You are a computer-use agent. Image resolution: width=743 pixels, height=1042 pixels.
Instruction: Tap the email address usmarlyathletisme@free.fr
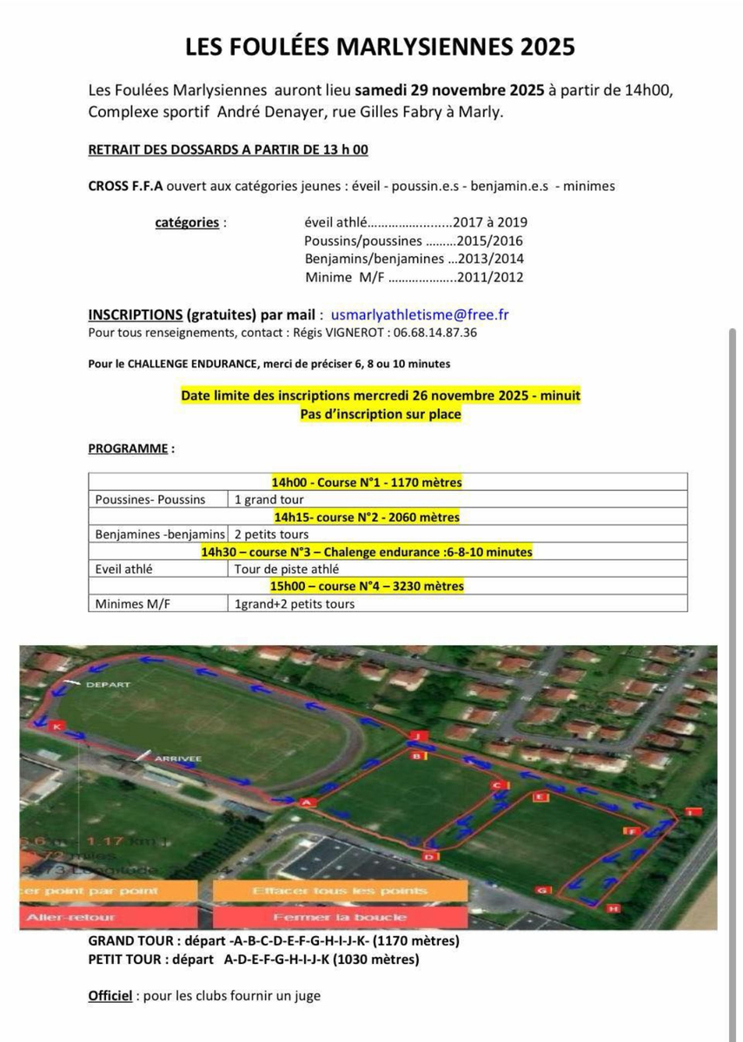point(420,314)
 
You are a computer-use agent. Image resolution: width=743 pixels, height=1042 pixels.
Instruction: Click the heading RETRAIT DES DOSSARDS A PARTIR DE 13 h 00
point(229,149)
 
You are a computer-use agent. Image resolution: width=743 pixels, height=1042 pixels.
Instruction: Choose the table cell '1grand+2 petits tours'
point(295,603)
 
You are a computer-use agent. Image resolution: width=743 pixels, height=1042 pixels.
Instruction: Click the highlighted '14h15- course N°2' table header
point(366,518)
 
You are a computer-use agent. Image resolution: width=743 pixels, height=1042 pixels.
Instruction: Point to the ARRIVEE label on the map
point(177,759)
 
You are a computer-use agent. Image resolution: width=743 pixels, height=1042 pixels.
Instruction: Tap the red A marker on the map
point(305,803)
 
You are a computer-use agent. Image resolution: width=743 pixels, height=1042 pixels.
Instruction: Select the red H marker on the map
point(614,908)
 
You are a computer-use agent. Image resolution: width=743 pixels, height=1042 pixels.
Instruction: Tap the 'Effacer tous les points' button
point(339,892)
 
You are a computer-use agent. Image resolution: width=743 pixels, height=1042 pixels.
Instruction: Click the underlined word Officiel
point(110,996)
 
